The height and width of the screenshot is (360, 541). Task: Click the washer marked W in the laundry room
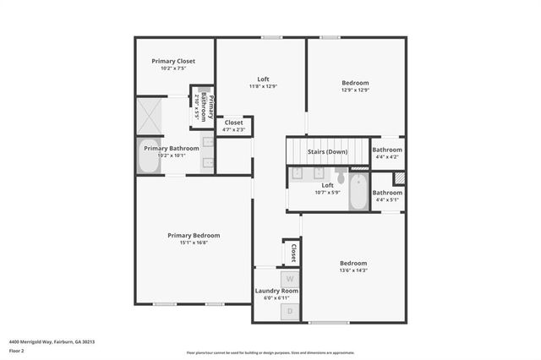point(290,278)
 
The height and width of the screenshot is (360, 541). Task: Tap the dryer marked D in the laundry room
point(290,311)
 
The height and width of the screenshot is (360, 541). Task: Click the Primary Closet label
point(173,61)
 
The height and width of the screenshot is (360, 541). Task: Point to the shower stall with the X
point(152,114)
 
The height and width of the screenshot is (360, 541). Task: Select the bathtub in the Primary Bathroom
point(150,156)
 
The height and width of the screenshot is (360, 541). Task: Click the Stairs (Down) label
point(327,152)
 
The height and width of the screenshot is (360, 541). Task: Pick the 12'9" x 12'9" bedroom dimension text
point(355,90)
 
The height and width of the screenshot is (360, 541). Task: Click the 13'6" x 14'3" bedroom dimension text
point(353,270)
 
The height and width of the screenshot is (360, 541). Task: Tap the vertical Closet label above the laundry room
point(293,253)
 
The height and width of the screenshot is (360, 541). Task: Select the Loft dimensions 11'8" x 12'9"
point(263,86)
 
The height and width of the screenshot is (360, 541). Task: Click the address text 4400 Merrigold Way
point(52,341)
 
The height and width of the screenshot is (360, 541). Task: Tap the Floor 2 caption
point(17,350)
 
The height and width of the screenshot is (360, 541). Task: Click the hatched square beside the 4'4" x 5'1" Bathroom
point(399,178)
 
